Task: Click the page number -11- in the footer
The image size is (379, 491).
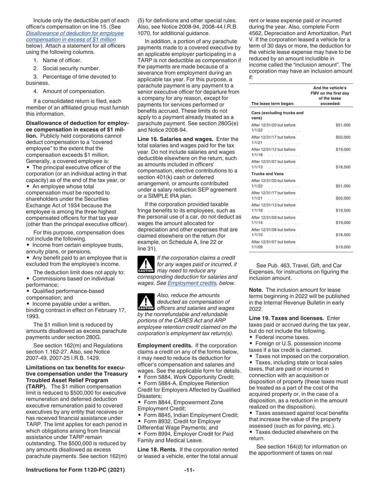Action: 189,470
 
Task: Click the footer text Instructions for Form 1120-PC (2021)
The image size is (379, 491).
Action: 75,470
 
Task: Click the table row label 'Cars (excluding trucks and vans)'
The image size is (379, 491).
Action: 277,115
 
